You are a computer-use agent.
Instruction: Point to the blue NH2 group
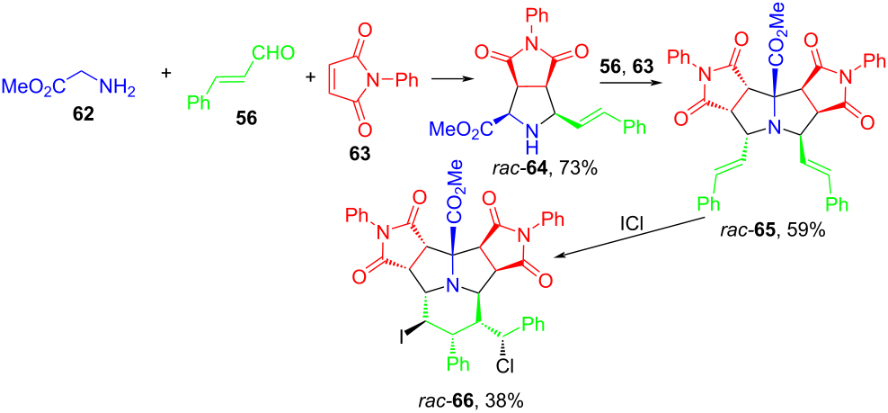click(x=117, y=86)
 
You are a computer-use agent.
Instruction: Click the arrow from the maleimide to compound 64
click(x=450, y=81)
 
